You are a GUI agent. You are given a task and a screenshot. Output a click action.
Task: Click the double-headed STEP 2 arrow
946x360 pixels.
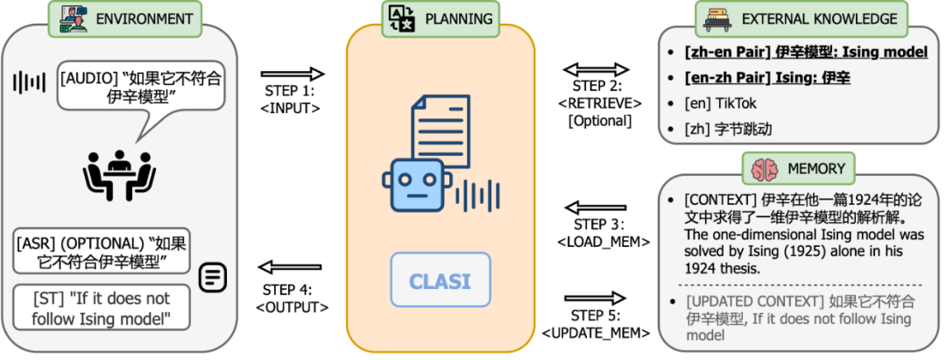coord(596,69)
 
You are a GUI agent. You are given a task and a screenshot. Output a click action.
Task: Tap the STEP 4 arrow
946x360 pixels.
coord(293,267)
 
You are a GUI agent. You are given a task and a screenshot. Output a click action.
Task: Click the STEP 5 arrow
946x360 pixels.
coord(596,301)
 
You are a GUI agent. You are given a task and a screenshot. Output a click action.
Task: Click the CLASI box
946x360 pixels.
coord(440,281)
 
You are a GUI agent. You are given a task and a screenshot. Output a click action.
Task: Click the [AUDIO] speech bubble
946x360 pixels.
coord(140,88)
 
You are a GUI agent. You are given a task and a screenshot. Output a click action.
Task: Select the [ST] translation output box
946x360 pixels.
coord(102,307)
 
